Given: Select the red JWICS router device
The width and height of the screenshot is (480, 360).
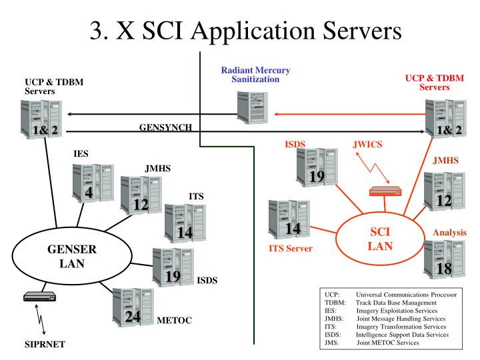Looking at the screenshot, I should click(x=387, y=191).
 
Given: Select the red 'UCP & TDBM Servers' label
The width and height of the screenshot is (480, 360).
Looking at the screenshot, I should click(x=434, y=82).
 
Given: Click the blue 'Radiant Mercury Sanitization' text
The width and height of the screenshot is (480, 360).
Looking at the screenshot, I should click(x=252, y=75).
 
